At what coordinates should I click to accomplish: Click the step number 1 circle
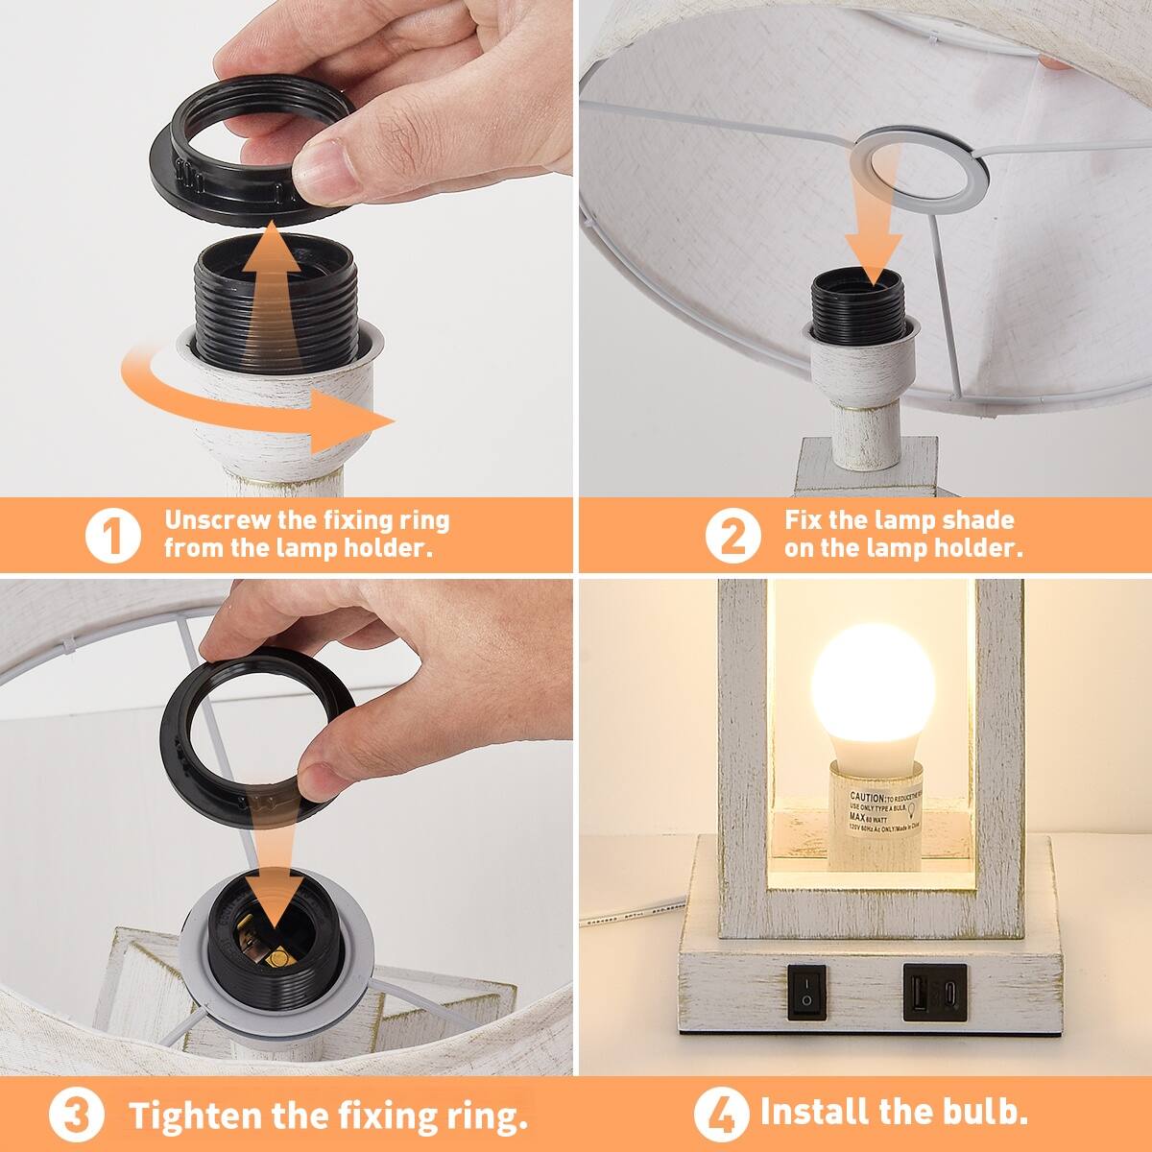(x=113, y=536)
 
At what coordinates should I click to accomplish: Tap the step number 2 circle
(x=732, y=536)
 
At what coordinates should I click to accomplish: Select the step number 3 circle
(x=82, y=1116)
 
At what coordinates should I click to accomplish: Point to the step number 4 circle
(x=721, y=1114)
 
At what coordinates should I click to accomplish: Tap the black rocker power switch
(x=807, y=992)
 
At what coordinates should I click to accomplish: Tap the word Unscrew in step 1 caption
(x=217, y=521)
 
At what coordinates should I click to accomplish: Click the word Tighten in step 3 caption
(x=196, y=1116)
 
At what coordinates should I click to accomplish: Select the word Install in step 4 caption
(x=815, y=1112)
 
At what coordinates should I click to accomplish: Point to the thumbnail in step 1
(x=326, y=164)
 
